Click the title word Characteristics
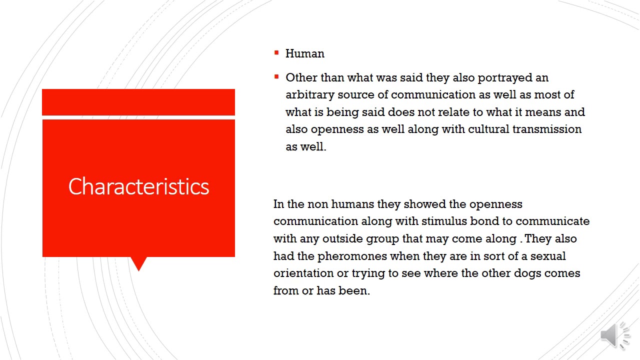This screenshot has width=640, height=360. pyautogui.click(x=138, y=186)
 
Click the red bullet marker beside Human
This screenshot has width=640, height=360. pyautogui.click(x=276, y=52)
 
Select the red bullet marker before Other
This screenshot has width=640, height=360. pyautogui.click(x=276, y=76)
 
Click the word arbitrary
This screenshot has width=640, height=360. pyautogui.click(x=309, y=95)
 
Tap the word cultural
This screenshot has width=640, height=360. pyautogui.click(x=488, y=129)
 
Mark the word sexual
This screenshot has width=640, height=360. pyautogui.click(x=548, y=256)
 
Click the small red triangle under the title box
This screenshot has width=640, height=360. pyautogui.click(x=138, y=263)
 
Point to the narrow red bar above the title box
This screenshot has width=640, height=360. pyautogui.click(x=138, y=102)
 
